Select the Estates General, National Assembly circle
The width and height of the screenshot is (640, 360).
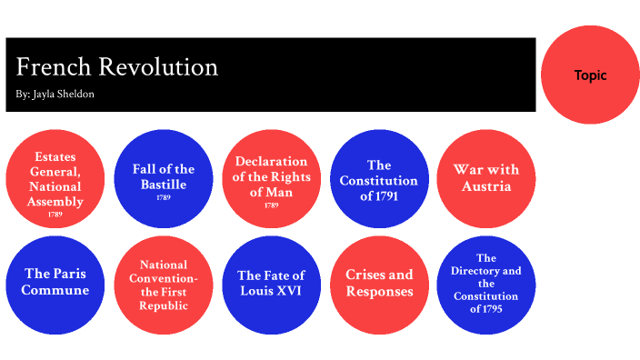click(55, 180)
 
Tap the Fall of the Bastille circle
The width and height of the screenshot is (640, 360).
click(164, 180)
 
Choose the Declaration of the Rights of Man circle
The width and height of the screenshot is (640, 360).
click(271, 180)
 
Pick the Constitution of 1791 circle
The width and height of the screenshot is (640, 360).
click(379, 180)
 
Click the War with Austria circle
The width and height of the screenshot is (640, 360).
click(486, 180)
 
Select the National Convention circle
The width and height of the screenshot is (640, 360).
click(164, 284)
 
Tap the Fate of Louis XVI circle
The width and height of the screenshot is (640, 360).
click(271, 284)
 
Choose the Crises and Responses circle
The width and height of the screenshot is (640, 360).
click(379, 284)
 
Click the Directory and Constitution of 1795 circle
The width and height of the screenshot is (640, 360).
click(486, 284)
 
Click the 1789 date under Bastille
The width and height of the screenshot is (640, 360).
click(164, 197)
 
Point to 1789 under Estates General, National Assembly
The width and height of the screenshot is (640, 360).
click(56, 215)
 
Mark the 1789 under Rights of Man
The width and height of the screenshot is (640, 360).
click(271, 206)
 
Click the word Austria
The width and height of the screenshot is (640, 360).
click(486, 186)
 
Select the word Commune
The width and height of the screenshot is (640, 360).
click(56, 291)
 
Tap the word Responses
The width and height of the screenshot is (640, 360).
click(379, 292)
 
